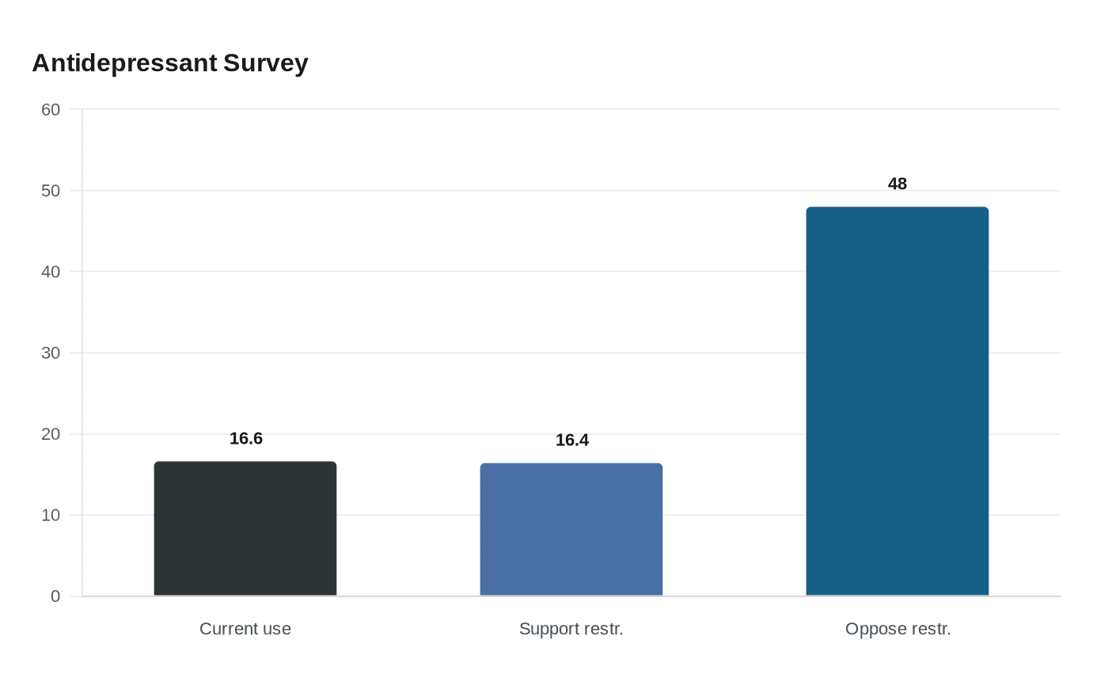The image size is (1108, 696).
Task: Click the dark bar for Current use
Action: click(x=245, y=528)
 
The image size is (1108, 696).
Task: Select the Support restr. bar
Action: click(x=571, y=529)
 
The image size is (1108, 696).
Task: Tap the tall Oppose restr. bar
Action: click(x=897, y=402)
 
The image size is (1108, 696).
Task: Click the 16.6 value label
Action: click(x=246, y=438)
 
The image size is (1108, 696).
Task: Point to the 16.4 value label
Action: click(x=571, y=440)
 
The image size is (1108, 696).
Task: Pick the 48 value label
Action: click(x=897, y=183)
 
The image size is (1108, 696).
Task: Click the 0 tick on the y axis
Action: click(x=55, y=596)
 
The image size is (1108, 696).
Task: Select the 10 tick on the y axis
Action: click(x=51, y=515)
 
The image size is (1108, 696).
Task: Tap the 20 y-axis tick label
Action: click(x=51, y=434)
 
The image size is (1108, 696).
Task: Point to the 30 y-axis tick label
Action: click(x=51, y=353)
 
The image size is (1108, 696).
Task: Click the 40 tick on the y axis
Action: click(x=51, y=271)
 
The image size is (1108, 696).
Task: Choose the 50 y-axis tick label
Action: click(x=51, y=191)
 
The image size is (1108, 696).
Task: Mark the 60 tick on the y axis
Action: click(x=51, y=109)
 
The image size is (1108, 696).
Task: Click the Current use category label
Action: click(x=245, y=629)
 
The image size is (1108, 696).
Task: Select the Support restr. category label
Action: click(x=571, y=630)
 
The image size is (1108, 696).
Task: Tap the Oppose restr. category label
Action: click(x=897, y=630)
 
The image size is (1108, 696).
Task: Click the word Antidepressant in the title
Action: click(x=125, y=64)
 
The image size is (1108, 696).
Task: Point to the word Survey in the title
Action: click(x=266, y=64)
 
